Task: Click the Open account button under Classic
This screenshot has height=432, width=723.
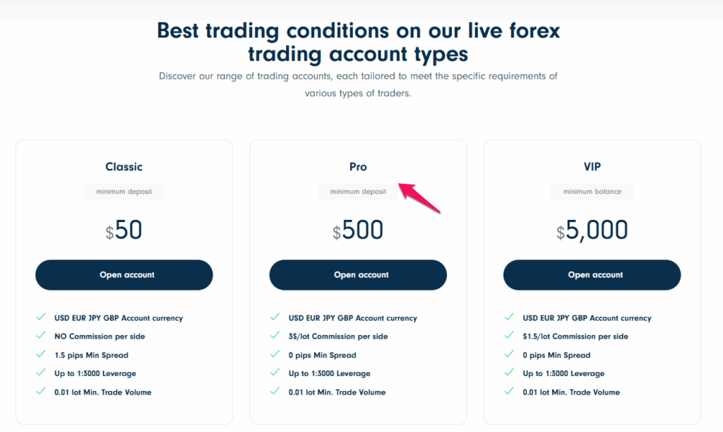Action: [x=124, y=275]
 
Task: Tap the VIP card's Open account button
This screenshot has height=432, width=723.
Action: [x=592, y=275]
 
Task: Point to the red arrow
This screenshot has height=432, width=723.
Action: [x=420, y=198]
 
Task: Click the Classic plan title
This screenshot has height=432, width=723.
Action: [x=124, y=167]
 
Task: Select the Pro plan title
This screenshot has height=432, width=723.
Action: [x=358, y=167]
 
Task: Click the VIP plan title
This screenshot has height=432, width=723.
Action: [x=592, y=167]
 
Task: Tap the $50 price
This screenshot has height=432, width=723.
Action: [x=124, y=230]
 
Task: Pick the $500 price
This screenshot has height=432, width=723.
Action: [x=358, y=230]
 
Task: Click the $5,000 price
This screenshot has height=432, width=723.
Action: [x=592, y=230]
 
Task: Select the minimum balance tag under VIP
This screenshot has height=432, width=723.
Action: [x=592, y=192]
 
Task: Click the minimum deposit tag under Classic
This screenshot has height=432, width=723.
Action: [x=124, y=192]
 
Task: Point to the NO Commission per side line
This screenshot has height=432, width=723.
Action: [x=100, y=337]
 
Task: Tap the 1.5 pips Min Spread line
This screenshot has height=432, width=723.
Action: [x=91, y=355]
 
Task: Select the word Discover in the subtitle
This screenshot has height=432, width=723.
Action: [x=179, y=76]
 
